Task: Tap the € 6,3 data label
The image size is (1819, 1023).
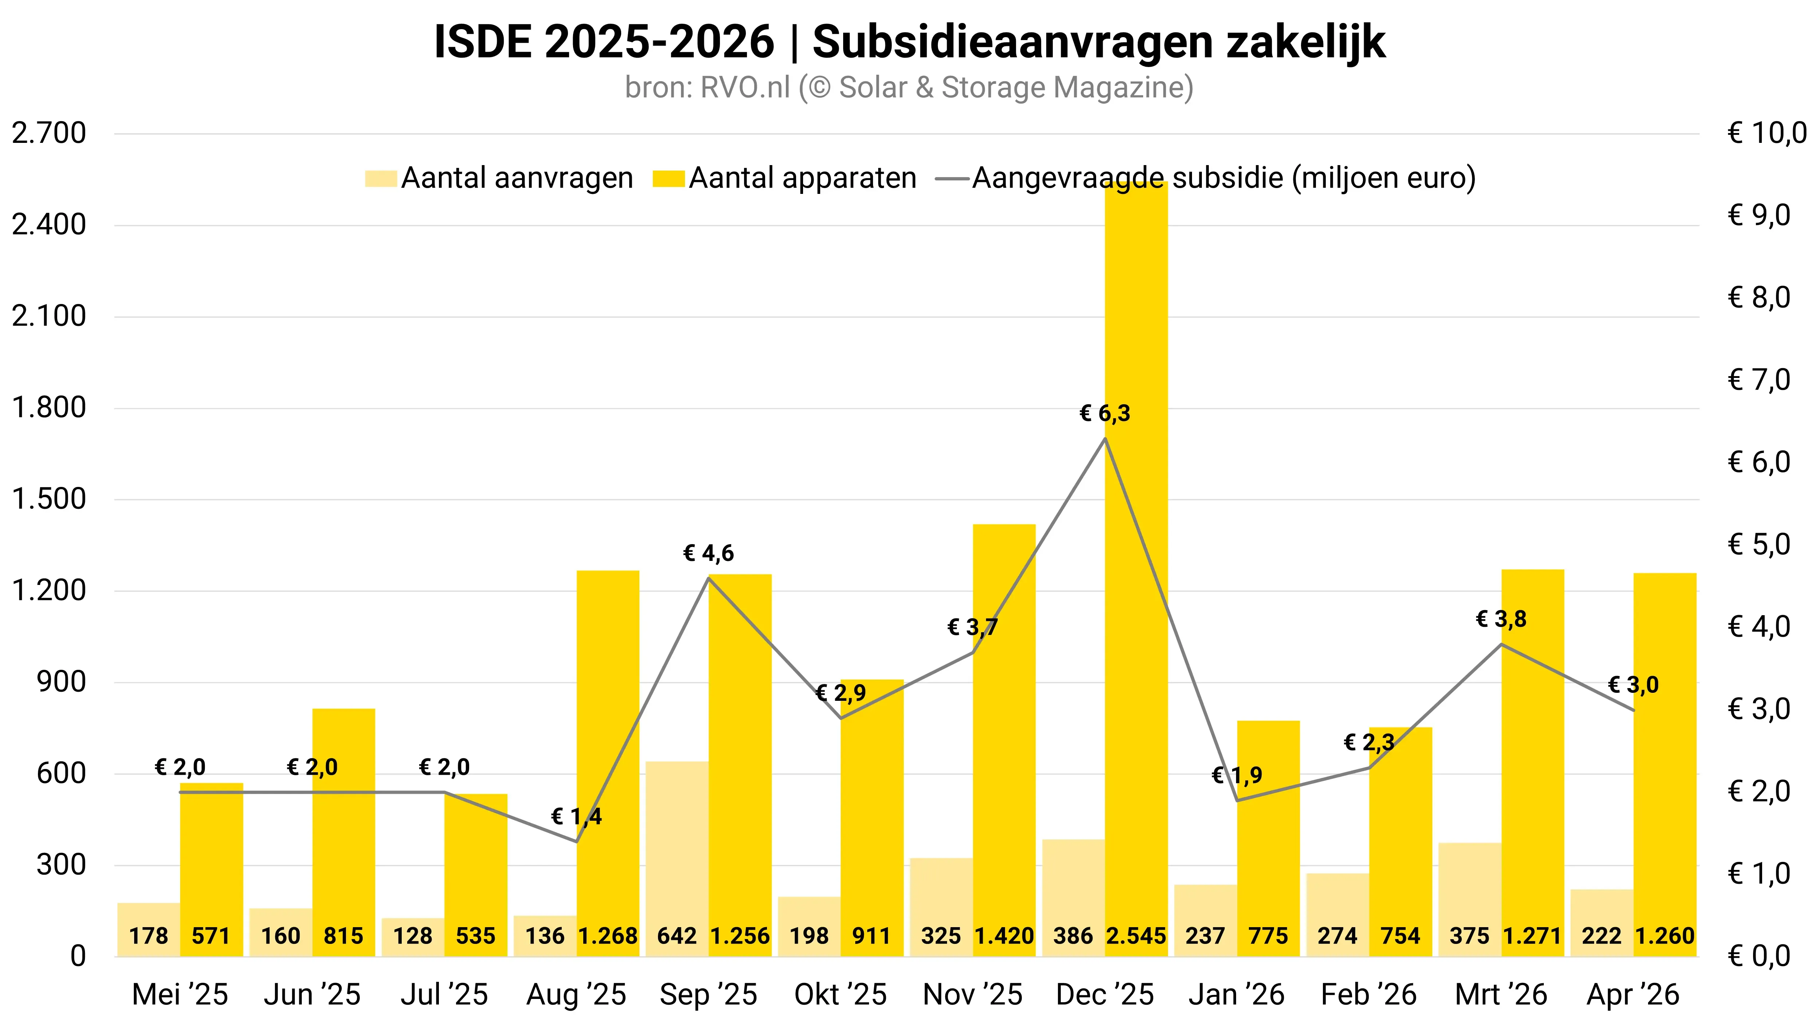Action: click(1105, 413)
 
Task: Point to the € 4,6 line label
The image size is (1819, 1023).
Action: click(708, 553)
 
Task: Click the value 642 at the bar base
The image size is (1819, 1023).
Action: click(677, 936)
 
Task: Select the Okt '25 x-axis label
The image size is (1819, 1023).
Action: click(840, 995)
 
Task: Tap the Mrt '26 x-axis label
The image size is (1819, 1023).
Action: click(1501, 995)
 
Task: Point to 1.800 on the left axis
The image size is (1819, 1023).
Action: click(49, 407)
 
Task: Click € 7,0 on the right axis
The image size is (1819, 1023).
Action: click(1760, 380)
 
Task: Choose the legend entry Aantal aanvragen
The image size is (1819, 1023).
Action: click(499, 178)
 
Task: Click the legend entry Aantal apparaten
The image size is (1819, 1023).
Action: click(784, 178)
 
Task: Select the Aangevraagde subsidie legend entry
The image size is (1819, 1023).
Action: click(1205, 178)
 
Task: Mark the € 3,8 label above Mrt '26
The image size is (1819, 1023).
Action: click(1501, 619)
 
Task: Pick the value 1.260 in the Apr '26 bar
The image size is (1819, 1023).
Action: click(1665, 936)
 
